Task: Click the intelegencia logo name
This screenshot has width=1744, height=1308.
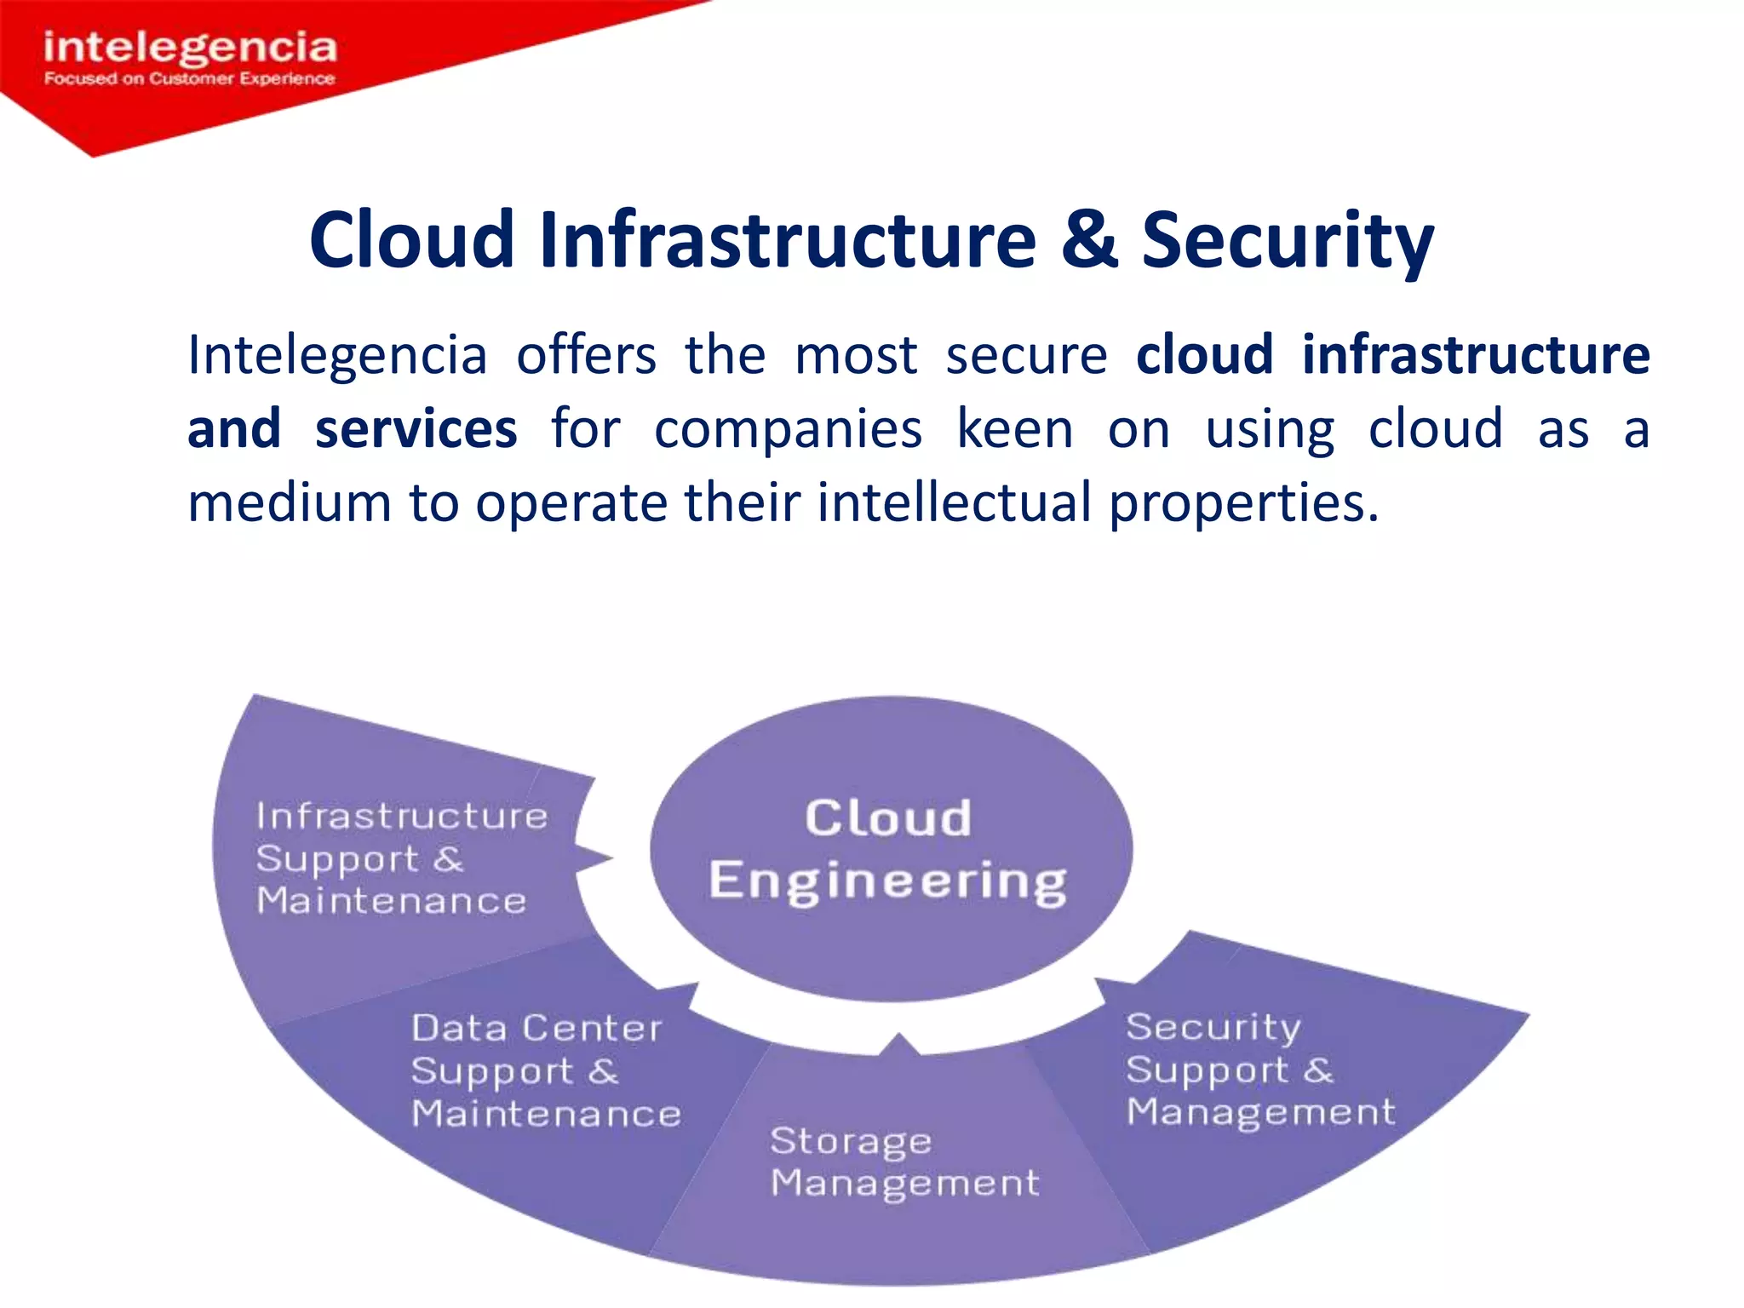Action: (190, 47)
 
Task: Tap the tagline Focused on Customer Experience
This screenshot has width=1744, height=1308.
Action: (190, 79)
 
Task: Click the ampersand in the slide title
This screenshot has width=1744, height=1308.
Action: (1088, 240)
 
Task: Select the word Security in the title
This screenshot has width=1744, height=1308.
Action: (1287, 242)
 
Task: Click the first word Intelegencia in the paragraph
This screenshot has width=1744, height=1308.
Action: (337, 355)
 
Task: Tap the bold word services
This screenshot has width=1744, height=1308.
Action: (416, 428)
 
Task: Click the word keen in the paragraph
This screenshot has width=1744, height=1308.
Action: (1014, 428)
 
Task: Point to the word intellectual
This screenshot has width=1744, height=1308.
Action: (954, 502)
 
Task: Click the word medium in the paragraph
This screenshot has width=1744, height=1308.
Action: (290, 502)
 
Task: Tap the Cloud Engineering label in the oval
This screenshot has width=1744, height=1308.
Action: (888, 849)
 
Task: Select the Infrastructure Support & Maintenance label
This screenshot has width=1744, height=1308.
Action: (401, 858)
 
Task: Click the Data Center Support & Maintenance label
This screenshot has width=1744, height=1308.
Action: (545, 1070)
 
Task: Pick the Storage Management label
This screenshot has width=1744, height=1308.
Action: (904, 1162)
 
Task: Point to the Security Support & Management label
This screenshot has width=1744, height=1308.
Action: (1259, 1070)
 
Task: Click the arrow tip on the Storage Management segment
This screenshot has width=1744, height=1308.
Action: (899, 1037)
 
